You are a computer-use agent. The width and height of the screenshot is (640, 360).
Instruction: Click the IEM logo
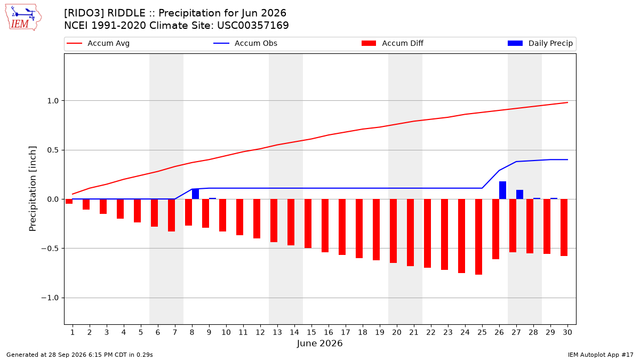23,18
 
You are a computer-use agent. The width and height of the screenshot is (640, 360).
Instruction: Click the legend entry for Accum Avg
98,43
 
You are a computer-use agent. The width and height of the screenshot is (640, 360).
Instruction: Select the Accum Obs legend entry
245,43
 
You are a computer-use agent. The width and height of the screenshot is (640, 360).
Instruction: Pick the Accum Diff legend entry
393,43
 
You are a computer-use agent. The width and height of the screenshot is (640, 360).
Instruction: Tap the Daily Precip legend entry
540,43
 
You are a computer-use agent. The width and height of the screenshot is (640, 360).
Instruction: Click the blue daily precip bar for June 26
502,190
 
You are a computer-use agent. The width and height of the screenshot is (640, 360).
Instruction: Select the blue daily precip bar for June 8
195,194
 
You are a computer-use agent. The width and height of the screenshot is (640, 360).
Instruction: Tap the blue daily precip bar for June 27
519,195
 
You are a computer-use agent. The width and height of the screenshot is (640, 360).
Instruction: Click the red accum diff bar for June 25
478,237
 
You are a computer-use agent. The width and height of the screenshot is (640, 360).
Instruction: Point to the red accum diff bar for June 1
69,202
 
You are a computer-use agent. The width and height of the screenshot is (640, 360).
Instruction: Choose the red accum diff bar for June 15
308,223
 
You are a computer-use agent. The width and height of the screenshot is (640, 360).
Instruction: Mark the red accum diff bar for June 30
564,227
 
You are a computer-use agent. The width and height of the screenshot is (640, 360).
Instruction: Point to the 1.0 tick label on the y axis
53,101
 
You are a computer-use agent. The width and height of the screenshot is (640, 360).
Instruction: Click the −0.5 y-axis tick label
50,249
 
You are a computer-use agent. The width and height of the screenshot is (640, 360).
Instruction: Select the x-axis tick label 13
277,332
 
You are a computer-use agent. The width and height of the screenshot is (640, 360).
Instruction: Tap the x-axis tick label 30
567,332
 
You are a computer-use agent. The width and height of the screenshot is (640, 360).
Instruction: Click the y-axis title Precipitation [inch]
33,189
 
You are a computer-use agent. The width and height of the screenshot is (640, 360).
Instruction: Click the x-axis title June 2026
319,343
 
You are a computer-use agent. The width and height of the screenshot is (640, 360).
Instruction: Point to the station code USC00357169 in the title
253,26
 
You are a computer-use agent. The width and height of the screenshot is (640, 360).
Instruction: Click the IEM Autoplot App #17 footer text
601,355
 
